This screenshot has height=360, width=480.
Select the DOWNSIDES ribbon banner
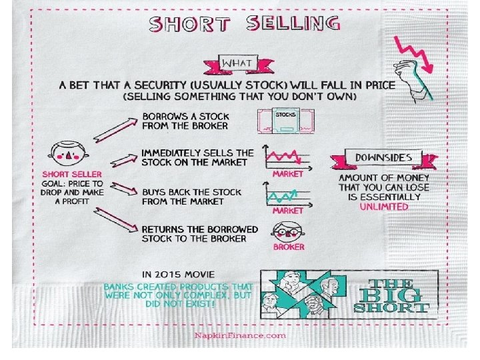[x=383, y=159]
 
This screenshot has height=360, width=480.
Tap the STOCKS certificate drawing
[x=285, y=123]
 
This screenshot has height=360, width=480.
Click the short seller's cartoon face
[x=68, y=154]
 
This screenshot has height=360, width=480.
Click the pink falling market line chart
[x=287, y=159]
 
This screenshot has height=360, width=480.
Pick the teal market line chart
[x=287, y=197]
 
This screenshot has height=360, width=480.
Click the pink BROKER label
[x=288, y=247]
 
